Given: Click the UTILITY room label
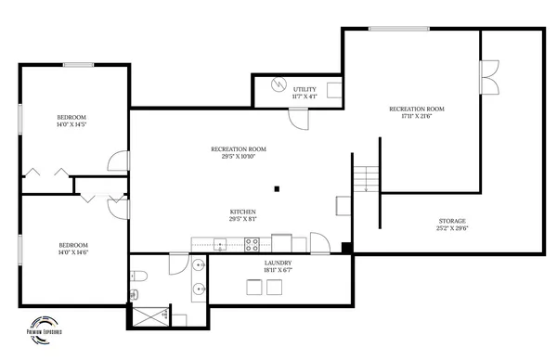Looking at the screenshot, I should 304,89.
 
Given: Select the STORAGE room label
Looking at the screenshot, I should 452,221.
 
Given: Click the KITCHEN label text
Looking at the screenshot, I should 243,212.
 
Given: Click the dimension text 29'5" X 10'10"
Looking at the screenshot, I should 239,157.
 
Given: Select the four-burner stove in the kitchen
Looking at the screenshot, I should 251,245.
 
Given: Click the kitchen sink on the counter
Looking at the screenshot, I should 220,245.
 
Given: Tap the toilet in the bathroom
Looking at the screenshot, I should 137,274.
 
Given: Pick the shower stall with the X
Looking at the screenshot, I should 149,316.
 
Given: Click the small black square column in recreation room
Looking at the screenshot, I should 276,189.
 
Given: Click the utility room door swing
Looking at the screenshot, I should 299,118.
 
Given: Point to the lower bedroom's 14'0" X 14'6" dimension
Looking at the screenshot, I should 71,251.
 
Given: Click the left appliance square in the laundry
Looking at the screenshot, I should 253,287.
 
